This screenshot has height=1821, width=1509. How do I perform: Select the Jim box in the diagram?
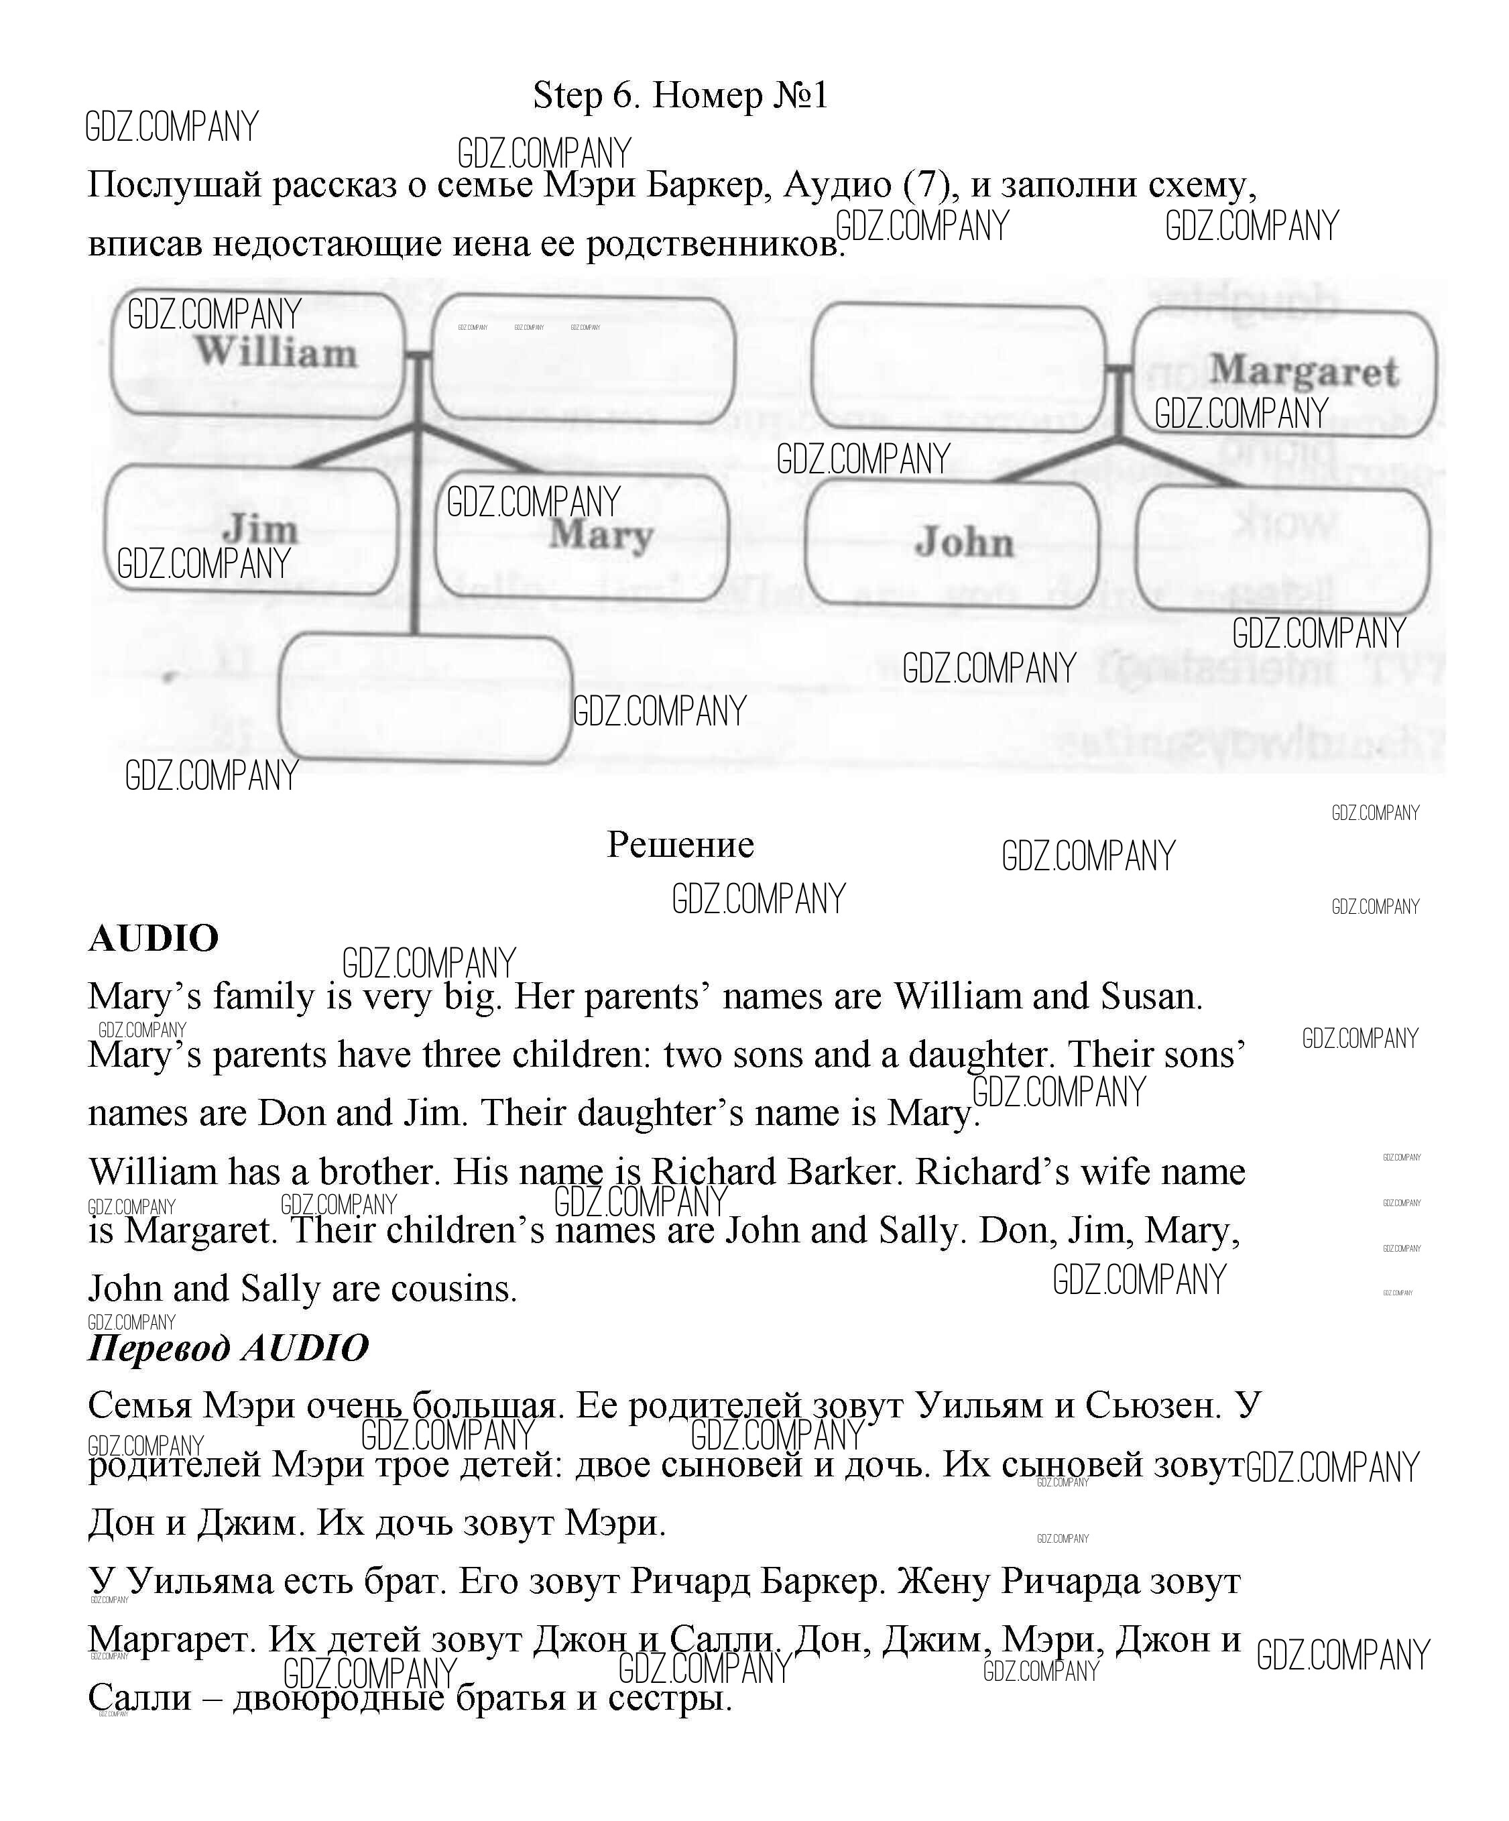pos(251,529)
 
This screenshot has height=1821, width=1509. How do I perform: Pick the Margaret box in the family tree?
pos(1303,371)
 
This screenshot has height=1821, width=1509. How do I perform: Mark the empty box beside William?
pos(583,360)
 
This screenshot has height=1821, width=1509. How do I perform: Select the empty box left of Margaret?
pos(959,367)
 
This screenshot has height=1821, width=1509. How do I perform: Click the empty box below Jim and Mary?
pos(425,698)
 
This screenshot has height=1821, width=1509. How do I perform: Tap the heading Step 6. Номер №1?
pos(680,95)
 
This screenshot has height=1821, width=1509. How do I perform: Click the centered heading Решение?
pos(680,843)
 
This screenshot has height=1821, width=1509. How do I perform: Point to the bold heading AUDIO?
pos(154,938)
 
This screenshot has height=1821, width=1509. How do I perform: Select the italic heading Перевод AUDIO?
pos(228,1348)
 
